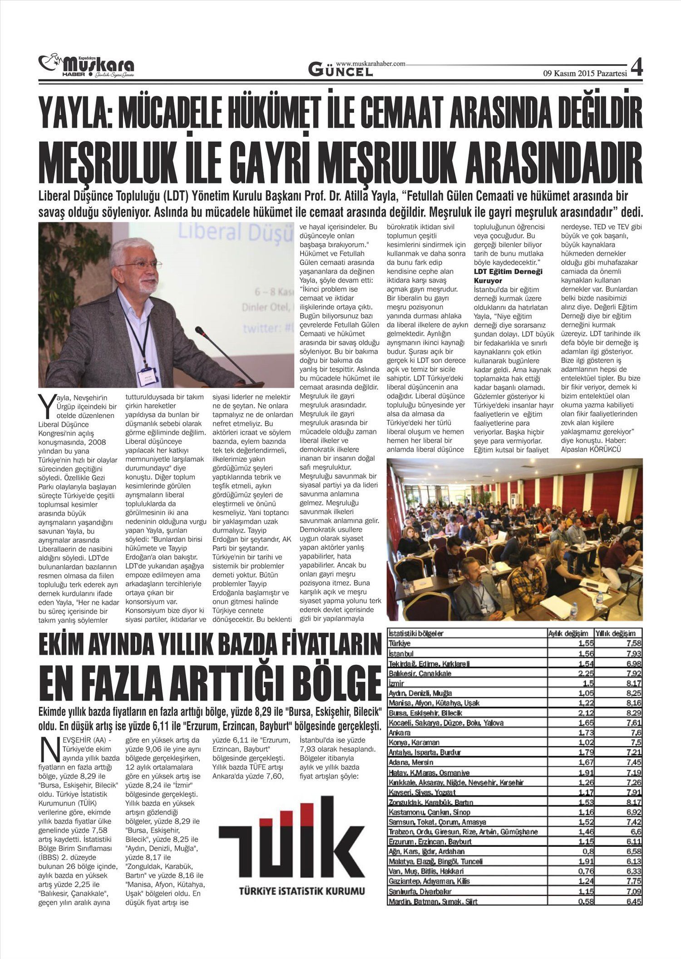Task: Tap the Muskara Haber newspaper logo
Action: pyautogui.click(x=86, y=66)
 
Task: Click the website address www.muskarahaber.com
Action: pyautogui.click(x=370, y=64)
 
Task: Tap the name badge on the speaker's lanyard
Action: pyautogui.click(x=148, y=376)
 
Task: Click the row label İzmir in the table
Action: pyautogui.click(x=396, y=683)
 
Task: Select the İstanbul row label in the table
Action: pyautogui.click(x=401, y=654)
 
